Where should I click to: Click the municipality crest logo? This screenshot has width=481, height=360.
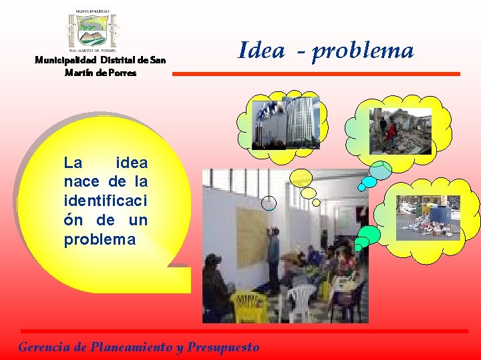coord(93,31)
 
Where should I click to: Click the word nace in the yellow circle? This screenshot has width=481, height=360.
coord(84,181)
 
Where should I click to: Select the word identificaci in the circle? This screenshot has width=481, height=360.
coord(106,201)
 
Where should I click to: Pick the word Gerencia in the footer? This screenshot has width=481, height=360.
coord(42,347)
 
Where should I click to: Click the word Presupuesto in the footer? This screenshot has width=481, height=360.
coord(223,347)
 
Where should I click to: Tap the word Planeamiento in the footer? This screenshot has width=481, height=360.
coord(127,347)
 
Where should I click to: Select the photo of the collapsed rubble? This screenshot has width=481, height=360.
coord(401,131)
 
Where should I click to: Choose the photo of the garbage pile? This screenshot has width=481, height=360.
coord(428,217)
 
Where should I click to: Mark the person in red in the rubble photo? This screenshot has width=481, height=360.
coord(390,130)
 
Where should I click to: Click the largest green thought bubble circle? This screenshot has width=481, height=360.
coord(369,234)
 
